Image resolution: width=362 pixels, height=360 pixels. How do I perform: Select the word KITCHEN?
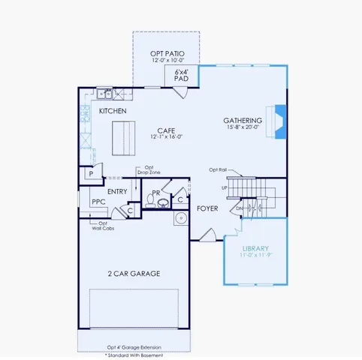point(113,112)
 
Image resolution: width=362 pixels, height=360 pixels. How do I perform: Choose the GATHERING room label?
point(243,121)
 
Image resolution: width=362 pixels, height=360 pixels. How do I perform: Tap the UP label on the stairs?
point(224,187)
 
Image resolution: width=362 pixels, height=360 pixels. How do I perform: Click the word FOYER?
point(207,208)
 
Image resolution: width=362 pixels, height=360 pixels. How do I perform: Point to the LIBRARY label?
point(255,248)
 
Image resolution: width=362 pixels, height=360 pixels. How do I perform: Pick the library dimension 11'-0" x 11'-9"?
point(255,256)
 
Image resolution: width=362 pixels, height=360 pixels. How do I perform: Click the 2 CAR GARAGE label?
point(134,274)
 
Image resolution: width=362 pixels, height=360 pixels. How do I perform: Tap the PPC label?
point(98,202)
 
